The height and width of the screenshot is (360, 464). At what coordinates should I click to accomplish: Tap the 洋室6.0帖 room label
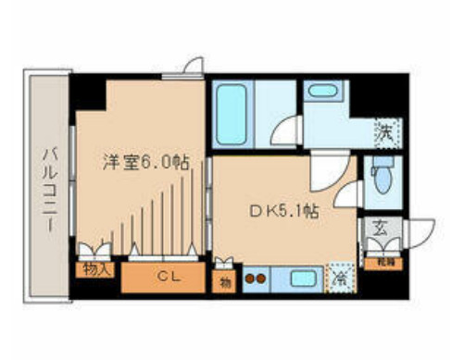[x=145, y=161]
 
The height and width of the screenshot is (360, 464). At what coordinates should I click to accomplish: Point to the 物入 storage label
[x=95, y=270]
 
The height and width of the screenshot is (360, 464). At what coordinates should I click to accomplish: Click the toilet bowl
[x=382, y=173]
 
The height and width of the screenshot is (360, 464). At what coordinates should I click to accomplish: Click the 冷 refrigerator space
[x=341, y=275]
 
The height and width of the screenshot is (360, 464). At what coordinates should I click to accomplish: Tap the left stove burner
[x=250, y=275]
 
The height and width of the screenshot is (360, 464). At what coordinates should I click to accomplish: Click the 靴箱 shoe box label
[x=382, y=263]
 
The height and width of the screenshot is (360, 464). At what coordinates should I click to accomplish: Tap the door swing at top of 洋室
[x=193, y=66]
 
